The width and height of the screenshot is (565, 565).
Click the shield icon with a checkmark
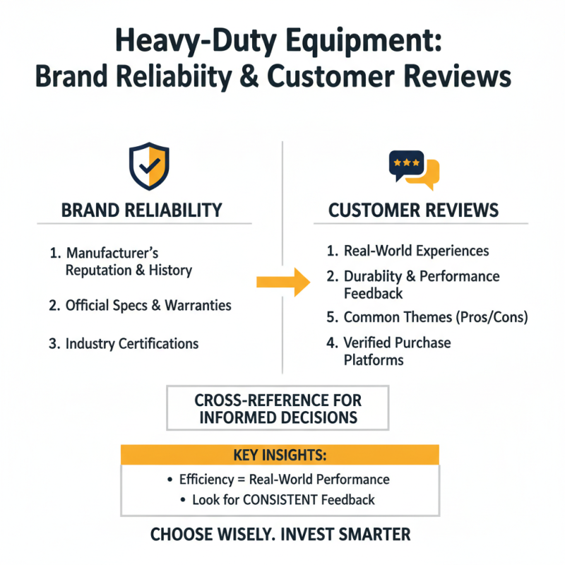click(148, 166)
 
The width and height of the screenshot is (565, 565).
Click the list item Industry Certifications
click(131, 344)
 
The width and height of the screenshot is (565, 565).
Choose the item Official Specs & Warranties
click(148, 306)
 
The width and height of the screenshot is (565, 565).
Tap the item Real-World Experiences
click(416, 251)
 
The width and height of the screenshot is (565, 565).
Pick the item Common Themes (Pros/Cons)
click(435, 317)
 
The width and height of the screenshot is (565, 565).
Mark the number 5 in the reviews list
click(331, 317)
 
